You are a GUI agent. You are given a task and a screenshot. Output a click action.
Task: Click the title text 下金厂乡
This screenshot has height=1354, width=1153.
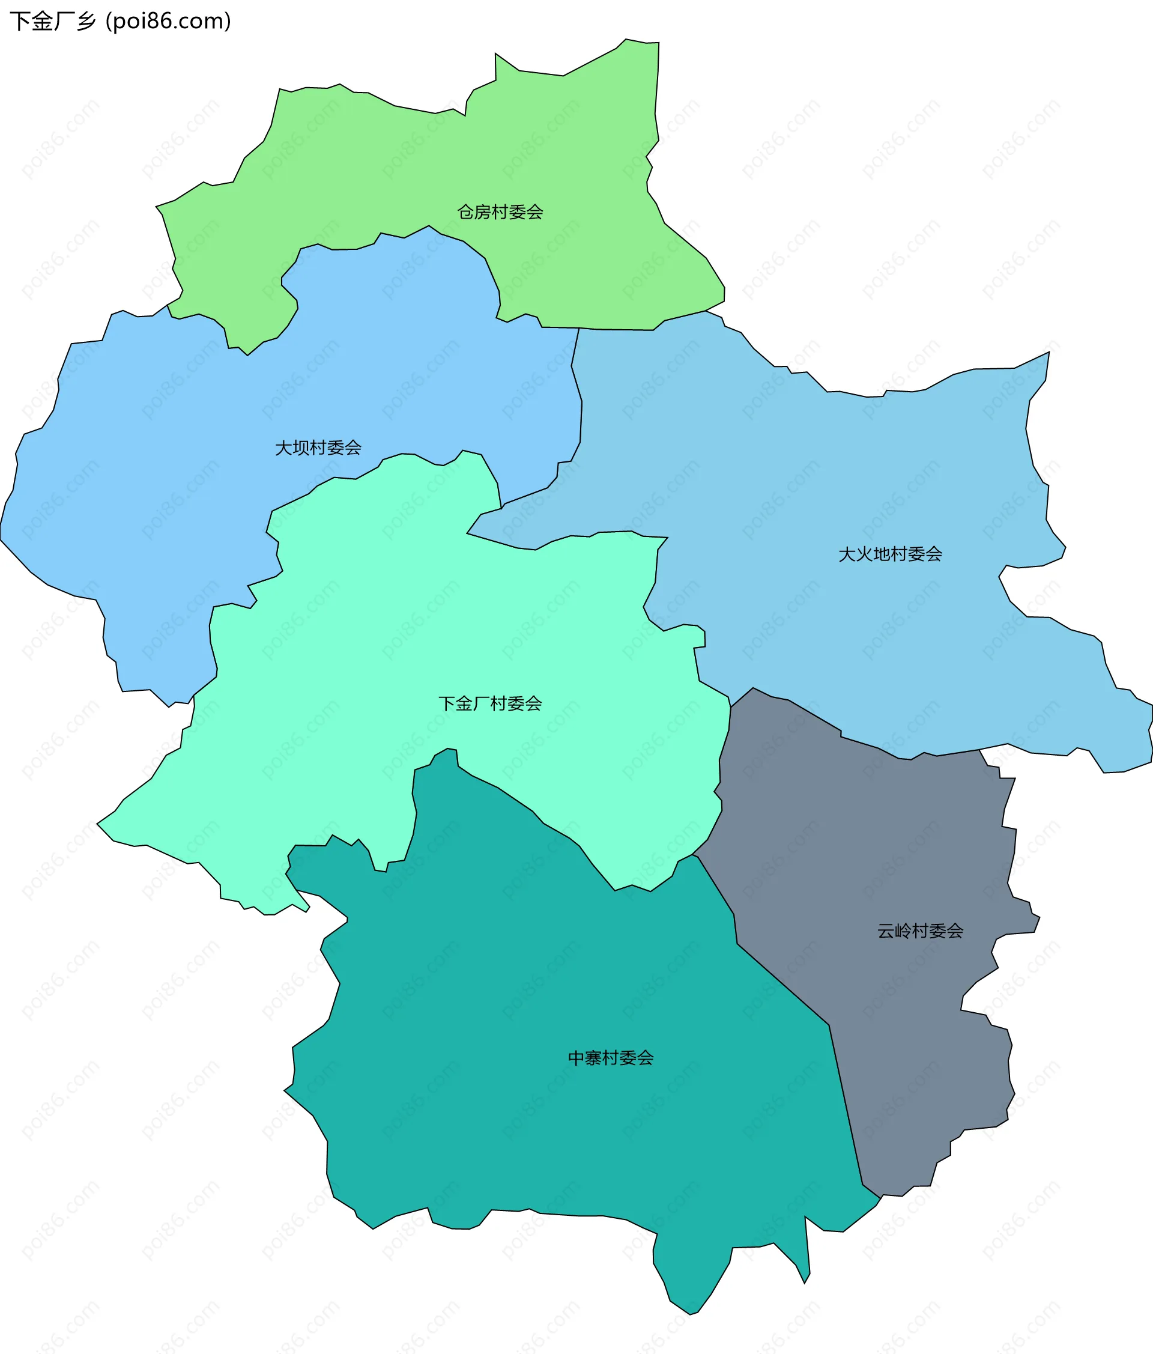coord(52,22)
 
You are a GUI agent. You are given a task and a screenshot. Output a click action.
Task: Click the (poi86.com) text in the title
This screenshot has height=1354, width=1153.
coord(169,22)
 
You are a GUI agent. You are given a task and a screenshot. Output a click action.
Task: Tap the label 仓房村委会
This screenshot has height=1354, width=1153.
coord(500,211)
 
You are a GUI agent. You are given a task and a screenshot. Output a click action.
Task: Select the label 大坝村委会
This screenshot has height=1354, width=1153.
coord(318,448)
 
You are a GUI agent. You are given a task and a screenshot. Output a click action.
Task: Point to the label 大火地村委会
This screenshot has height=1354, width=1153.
coord(890,554)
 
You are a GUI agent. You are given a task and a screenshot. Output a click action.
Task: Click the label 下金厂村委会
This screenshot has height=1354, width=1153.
coord(490,703)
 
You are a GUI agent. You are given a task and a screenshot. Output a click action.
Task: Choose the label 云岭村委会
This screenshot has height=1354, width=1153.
coord(920,930)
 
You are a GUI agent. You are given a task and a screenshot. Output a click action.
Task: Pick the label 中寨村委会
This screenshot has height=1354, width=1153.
coord(610,1057)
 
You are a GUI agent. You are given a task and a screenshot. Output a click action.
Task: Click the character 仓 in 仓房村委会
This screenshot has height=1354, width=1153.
coord(466,211)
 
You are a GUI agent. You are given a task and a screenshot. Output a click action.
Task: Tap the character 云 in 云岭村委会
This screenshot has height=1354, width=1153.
coord(886,930)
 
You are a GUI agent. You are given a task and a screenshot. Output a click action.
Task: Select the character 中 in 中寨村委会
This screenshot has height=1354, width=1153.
coord(576,1057)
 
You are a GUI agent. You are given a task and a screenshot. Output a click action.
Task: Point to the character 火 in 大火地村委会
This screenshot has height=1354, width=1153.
coord(864,554)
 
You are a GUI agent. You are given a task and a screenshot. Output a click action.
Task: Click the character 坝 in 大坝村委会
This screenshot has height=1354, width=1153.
coord(301,448)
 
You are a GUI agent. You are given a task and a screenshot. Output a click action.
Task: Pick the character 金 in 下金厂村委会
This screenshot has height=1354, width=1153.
coord(464,703)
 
